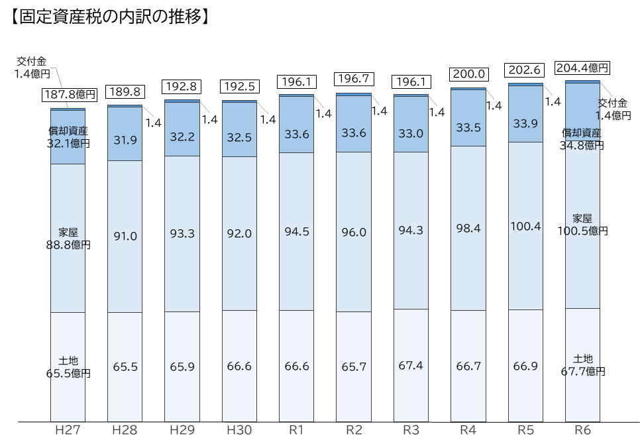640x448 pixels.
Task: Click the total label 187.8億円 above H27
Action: point(70,95)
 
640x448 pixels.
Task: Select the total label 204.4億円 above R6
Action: point(582,68)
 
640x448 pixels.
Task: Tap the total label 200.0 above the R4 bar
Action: point(468,74)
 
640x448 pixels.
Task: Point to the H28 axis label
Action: point(125,430)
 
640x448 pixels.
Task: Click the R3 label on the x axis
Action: point(411,430)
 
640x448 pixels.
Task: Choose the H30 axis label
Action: point(239,430)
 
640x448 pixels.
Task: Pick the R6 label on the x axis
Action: point(582,430)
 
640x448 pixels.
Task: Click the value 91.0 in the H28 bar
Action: point(125,236)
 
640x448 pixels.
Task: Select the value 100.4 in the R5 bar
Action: point(525,226)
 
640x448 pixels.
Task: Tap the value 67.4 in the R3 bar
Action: point(411,366)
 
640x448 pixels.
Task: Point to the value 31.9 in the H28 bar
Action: point(125,140)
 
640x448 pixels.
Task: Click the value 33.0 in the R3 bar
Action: point(411,133)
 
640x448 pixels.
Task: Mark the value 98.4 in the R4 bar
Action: point(468,228)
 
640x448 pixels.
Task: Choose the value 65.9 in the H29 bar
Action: point(182,366)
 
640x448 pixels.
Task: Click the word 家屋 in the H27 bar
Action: point(68,232)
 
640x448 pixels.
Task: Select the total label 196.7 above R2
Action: point(354,79)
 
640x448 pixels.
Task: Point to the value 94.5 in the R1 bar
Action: point(296,232)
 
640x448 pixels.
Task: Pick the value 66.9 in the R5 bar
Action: point(525,366)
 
